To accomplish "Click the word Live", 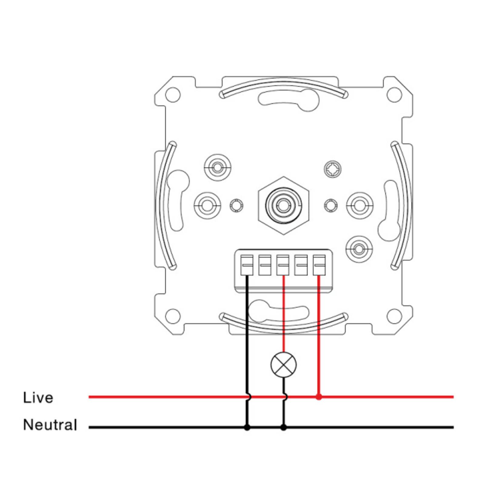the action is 38,398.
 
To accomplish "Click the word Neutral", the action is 50,425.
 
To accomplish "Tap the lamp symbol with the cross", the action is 283,365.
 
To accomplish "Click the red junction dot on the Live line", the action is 318,397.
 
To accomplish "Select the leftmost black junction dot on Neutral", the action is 247,427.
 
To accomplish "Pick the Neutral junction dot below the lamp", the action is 283,427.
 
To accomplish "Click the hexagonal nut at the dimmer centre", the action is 283,206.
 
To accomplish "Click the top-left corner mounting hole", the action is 173,95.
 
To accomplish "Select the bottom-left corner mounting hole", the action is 173,316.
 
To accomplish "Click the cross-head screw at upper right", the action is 333,169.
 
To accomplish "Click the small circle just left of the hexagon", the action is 236,206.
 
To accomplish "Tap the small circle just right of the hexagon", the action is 331,206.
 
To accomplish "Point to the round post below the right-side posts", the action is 359,249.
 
